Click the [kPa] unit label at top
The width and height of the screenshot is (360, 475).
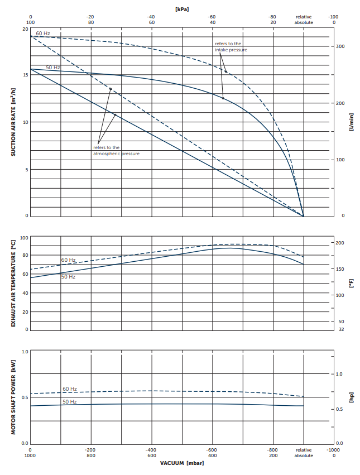(181, 9)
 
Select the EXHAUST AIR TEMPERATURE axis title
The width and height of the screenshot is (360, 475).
(13, 283)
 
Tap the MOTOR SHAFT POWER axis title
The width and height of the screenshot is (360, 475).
(13, 397)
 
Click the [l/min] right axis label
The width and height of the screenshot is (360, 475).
(351, 122)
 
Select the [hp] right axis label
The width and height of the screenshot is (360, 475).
(351, 397)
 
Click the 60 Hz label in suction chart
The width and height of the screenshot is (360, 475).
(43, 33)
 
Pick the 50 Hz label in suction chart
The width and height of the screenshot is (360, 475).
(53, 68)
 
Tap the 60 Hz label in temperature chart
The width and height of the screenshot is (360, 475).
(68, 260)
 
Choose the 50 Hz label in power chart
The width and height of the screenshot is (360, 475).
(69, 402)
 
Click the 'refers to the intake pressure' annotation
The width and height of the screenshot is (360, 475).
(231, 46)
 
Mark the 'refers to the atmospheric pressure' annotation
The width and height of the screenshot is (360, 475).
(116, 150)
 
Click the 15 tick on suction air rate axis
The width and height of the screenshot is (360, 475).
(25, 75)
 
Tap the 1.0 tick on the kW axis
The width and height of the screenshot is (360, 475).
(24, 352)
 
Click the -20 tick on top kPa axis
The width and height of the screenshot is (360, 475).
(90, 17)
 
